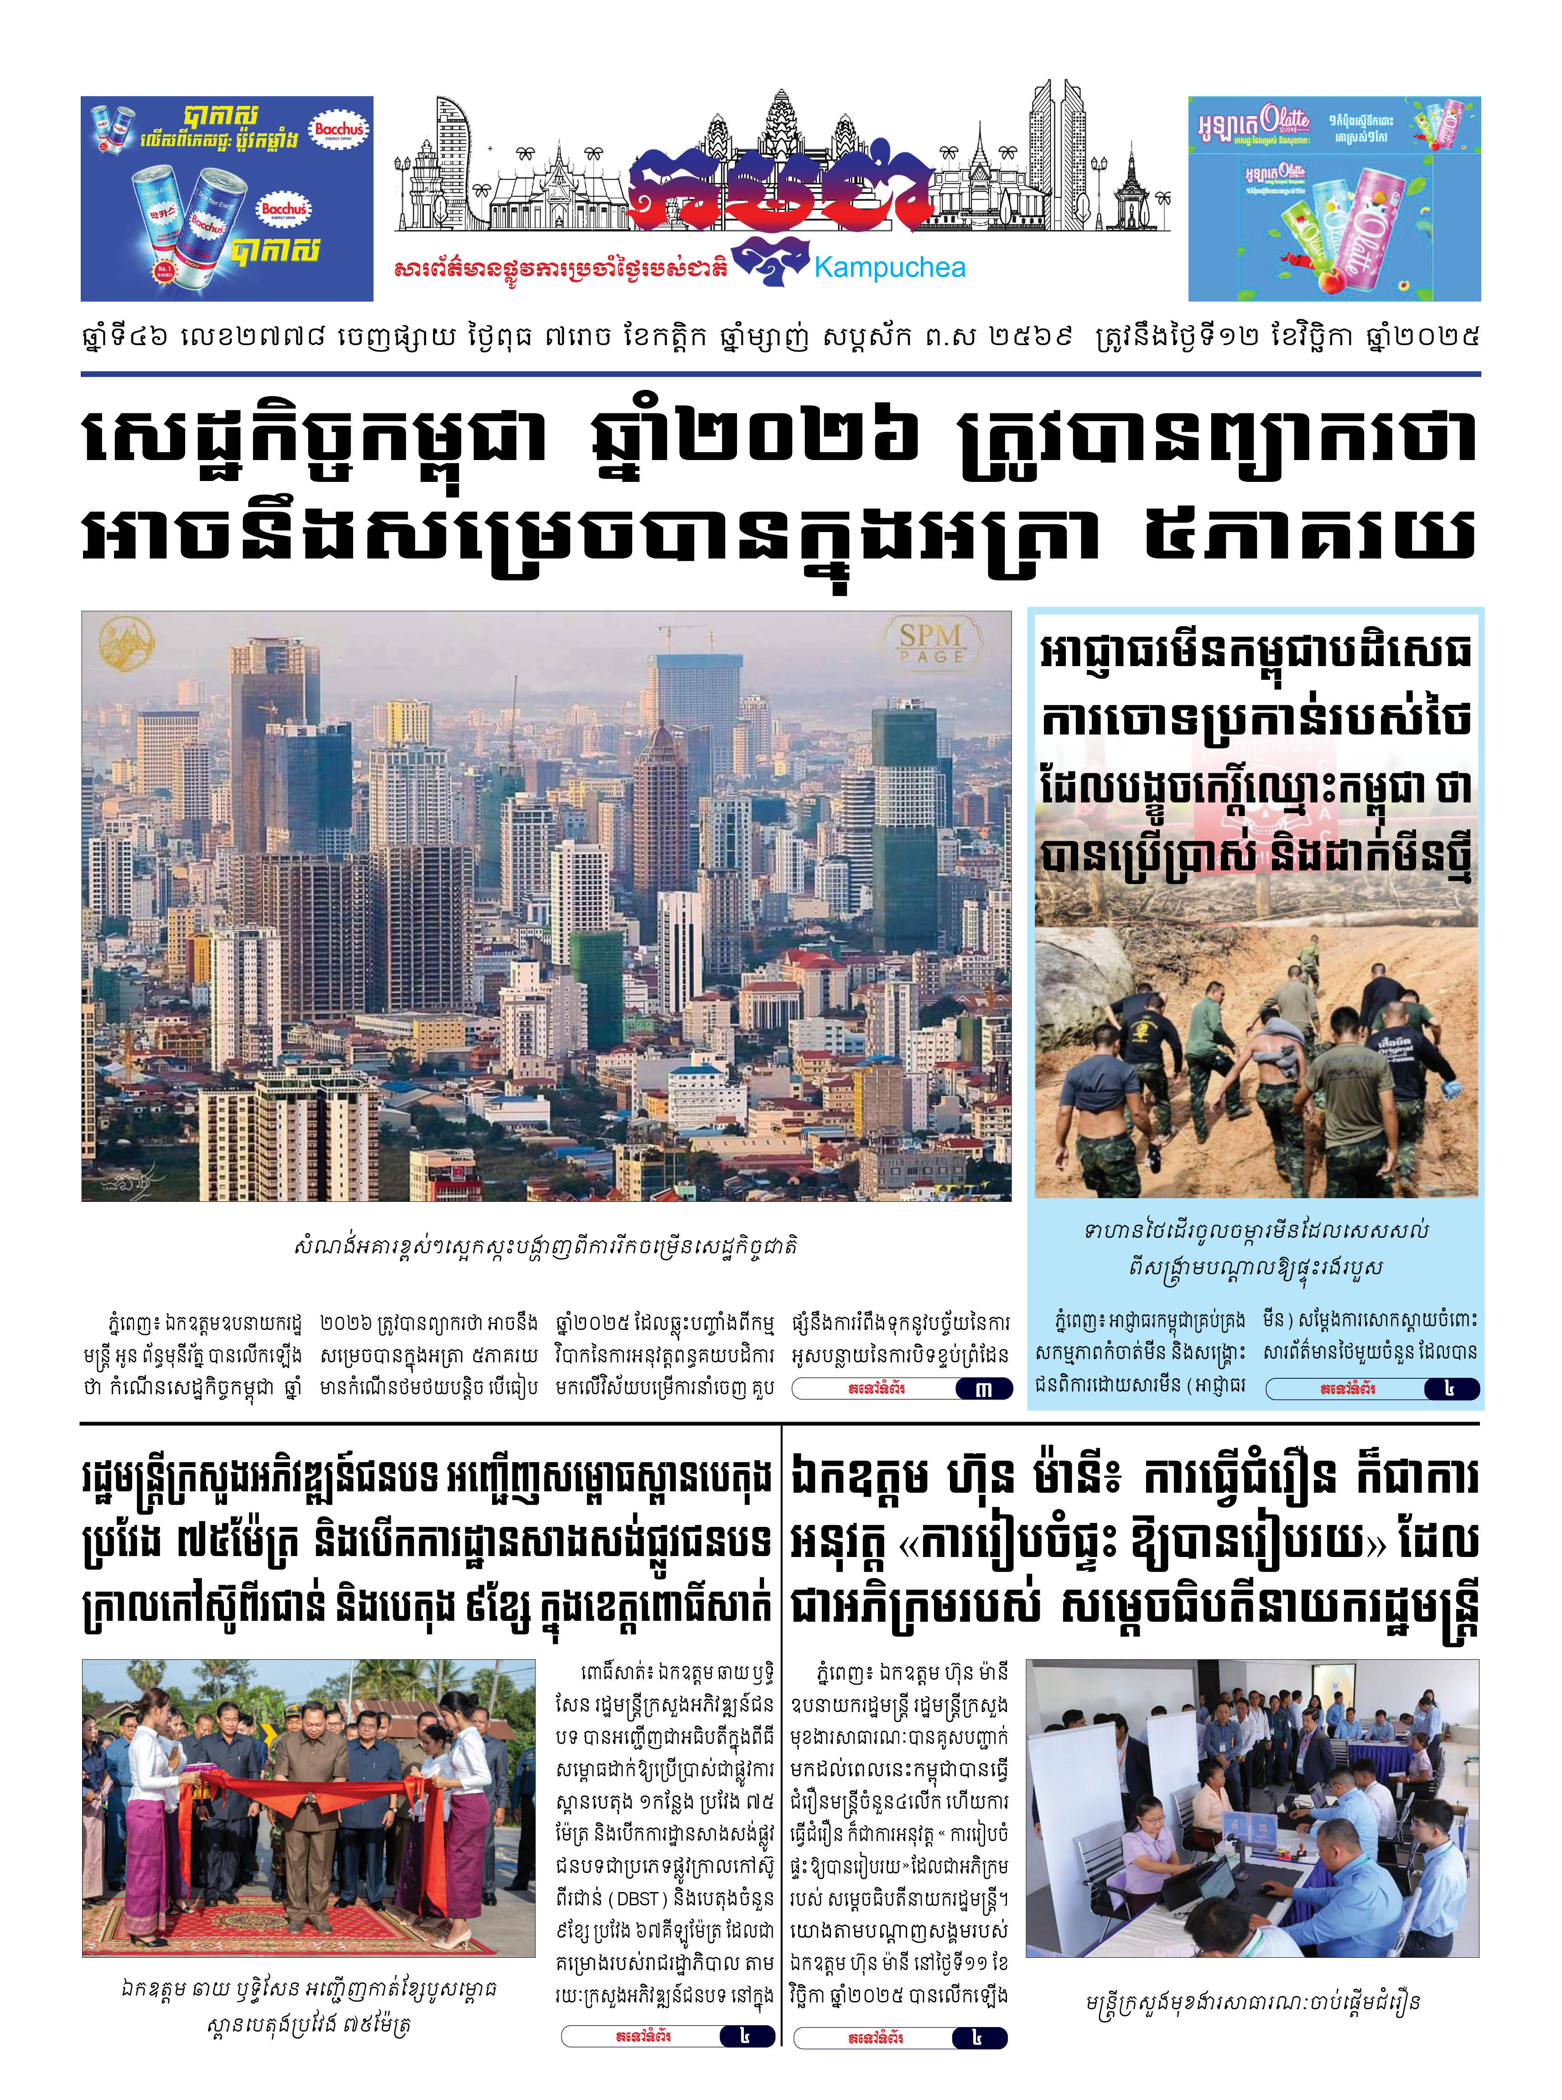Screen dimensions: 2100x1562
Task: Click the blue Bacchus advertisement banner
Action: (x=227, y=198)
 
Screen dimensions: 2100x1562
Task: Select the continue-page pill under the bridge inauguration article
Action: (x=669, y=2037)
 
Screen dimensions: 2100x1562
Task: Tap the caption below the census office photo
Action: (x=1253, y=2002)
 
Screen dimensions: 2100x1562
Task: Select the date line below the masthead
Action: (x=780, y=336)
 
